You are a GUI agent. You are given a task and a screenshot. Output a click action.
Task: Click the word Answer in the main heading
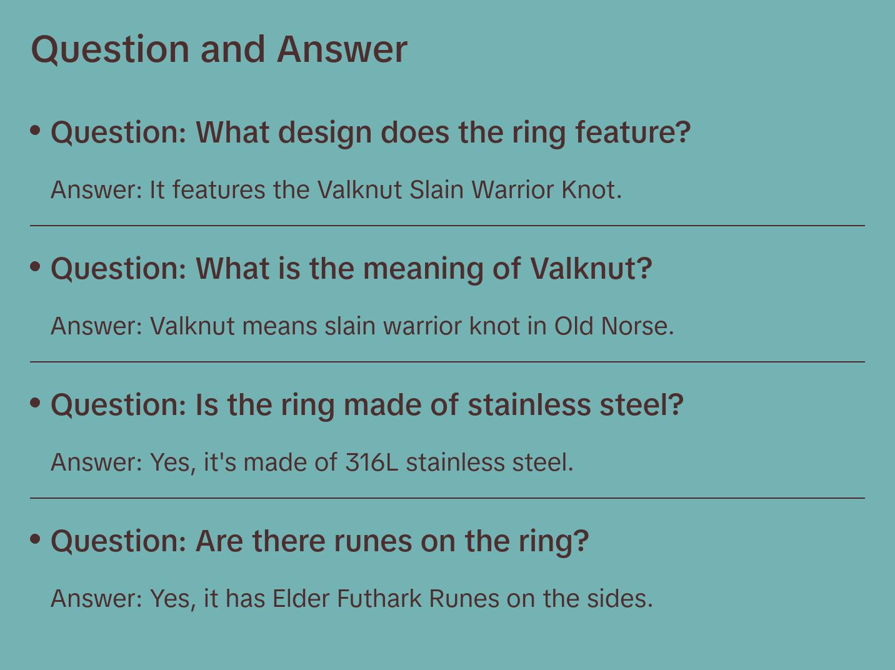point(342,49)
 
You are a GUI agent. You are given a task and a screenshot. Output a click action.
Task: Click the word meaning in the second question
point(423,269)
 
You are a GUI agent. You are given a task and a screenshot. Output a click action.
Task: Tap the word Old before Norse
point(573,326)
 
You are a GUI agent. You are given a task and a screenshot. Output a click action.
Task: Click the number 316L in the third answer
point(371,462)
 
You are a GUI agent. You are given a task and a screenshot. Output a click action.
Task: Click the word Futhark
point(379,598)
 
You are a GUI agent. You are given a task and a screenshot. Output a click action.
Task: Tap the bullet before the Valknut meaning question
point(36,266)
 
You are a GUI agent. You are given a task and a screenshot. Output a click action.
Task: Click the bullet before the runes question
point(36,539)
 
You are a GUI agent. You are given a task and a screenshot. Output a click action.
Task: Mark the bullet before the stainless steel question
point(36,402)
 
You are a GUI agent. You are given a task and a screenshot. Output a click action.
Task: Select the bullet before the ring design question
point(36,130)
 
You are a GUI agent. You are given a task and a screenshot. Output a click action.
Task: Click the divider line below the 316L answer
point(447,498)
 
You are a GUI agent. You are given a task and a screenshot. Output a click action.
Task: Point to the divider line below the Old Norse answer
point(447,362)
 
